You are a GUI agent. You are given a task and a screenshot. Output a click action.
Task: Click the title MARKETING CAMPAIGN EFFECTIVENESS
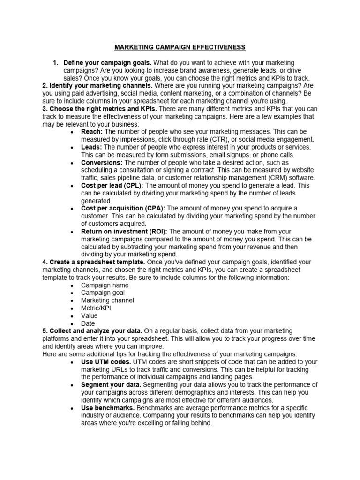(180, 47)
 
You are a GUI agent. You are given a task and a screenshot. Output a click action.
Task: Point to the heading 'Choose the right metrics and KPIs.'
(99, 109)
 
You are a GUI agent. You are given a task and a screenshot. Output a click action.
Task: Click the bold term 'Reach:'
(92, 132)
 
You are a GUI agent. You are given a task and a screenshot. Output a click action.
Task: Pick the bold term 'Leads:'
(91, 147)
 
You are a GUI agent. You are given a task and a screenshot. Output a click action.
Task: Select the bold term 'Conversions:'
(102, 163)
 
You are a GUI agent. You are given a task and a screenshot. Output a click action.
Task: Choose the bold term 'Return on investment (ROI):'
(124, 232)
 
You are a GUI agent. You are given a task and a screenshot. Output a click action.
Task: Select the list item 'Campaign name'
(105, 285)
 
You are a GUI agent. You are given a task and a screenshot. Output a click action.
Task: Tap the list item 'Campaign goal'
(103, 292)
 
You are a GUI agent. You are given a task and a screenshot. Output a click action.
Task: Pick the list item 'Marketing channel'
(107, 300)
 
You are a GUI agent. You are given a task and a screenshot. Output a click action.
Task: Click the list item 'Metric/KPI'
(96, 308)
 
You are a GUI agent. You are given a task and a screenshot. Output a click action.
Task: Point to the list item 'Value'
(90, 316)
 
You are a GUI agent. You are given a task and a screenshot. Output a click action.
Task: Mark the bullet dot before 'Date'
(71, 324)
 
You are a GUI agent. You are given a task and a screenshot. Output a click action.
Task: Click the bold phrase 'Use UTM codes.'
(106, 362)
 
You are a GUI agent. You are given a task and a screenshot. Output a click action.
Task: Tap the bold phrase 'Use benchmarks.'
(108, 408)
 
